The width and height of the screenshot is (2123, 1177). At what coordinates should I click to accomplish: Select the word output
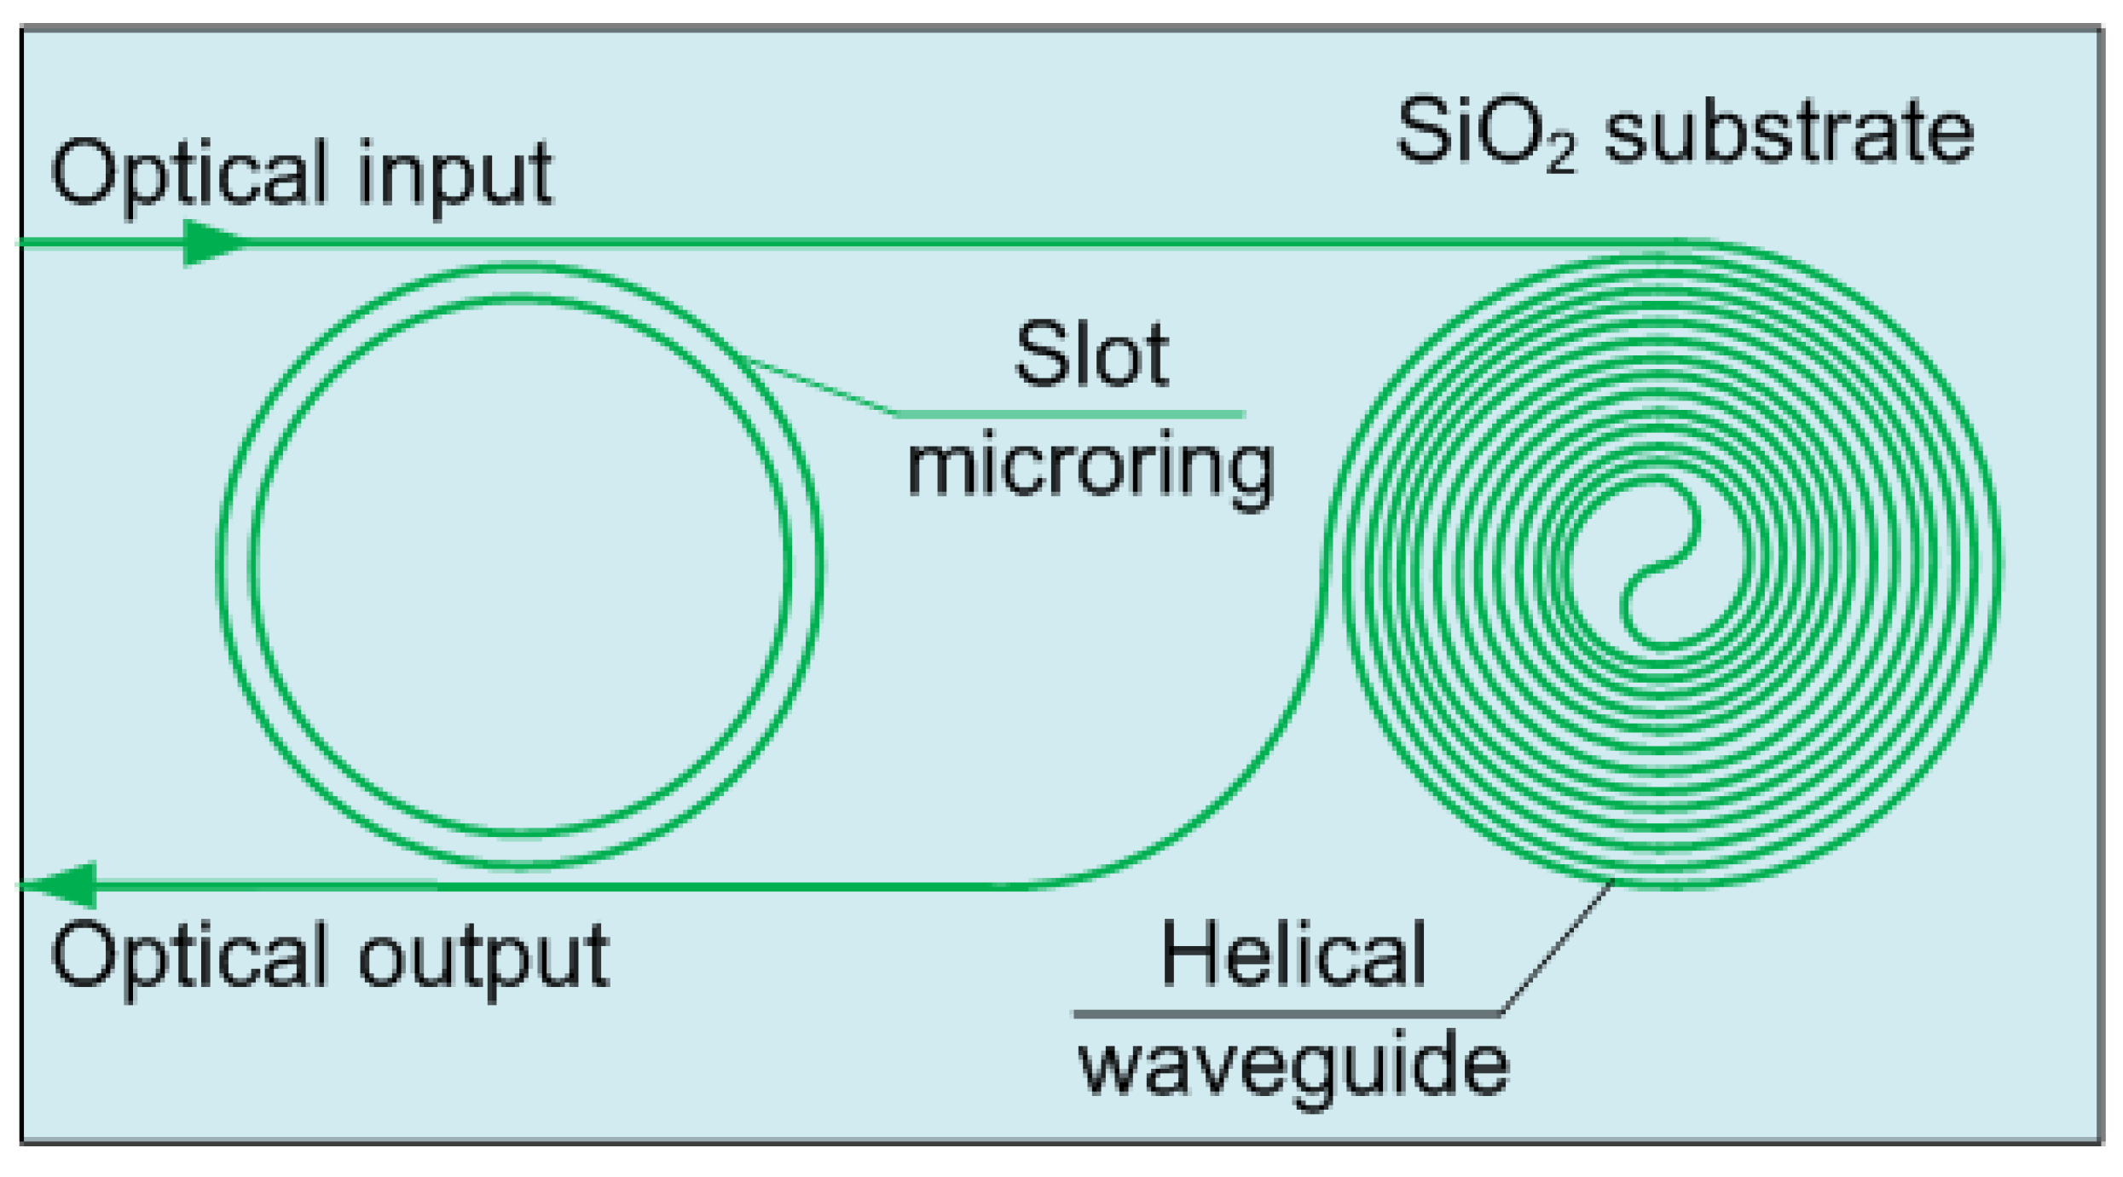click(x=483, y=957)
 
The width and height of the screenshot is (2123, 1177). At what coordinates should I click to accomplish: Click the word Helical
click(x=1293, y=955)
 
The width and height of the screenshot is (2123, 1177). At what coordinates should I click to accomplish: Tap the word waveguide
click(x=1293, y=1065)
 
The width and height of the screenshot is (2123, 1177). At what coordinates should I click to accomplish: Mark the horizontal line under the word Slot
click(x=1070, y=415)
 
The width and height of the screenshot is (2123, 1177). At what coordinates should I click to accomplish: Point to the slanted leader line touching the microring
click(x=819, y=385)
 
